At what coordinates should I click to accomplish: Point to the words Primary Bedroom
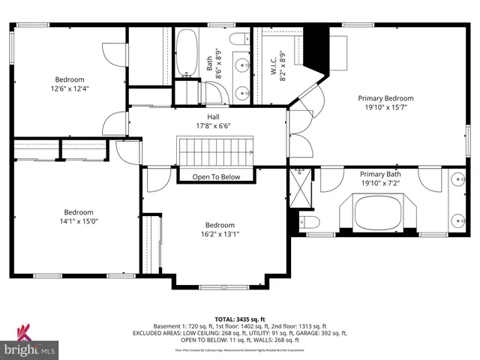(385, 98)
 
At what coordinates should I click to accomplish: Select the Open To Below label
(216, 177)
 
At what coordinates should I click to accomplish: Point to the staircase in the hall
(216, 154)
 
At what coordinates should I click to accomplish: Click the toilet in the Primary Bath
(310, 221)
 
